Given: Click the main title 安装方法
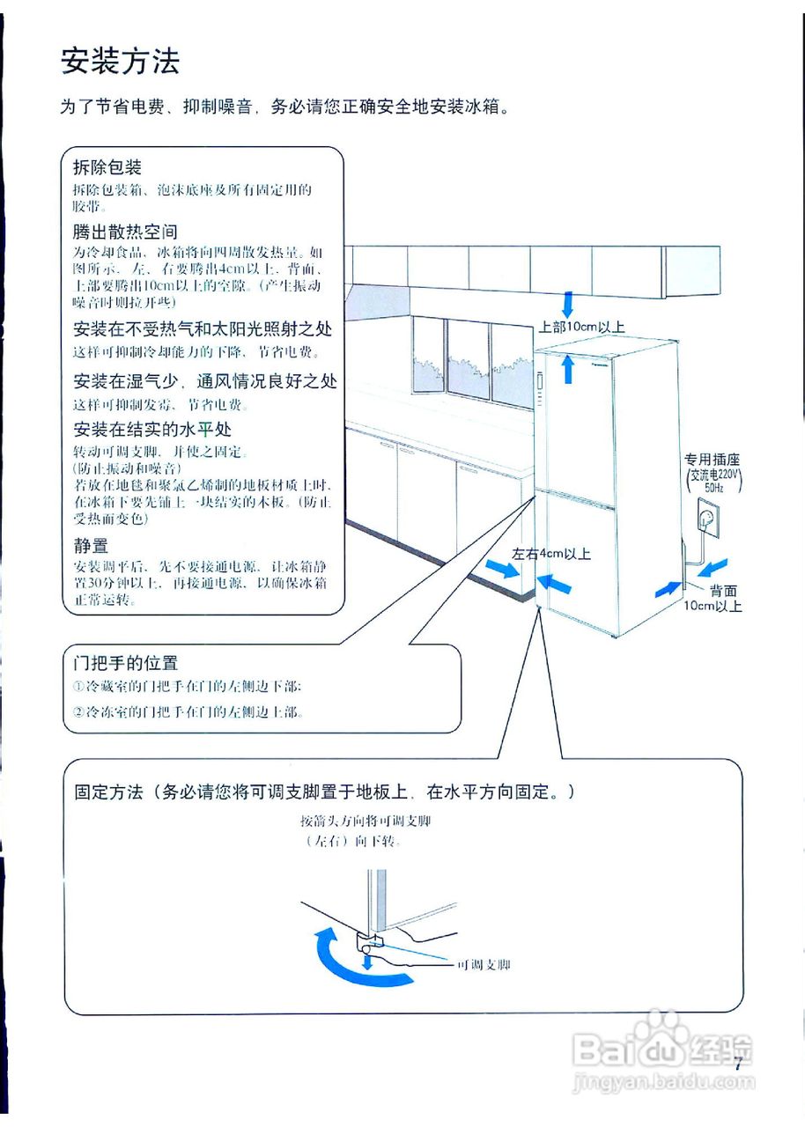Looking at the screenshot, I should [x=120, y=62].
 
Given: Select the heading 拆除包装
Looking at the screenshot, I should [x=107, y=167].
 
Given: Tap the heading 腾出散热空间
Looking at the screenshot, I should [x=125, y=232].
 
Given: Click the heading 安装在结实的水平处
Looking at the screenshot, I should [x=152, y=430].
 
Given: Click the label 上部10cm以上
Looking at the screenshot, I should [x=581, y=327].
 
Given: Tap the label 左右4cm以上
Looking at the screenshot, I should [x=551, y=554].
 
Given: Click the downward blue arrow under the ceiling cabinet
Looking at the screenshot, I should [x=568, y=305].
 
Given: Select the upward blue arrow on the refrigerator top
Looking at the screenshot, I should [x=568, y=366].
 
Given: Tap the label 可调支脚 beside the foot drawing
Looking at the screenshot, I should [x=484, y=965].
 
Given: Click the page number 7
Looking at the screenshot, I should [x=738, y=1062].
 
